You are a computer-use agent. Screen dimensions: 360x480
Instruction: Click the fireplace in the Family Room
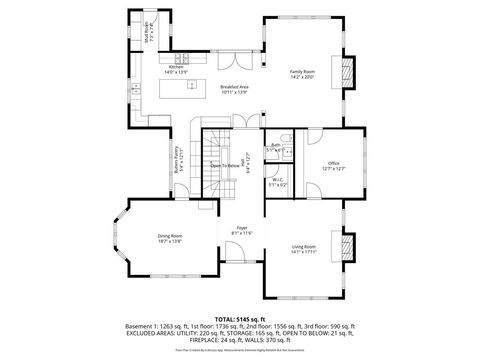[x=348, y=74]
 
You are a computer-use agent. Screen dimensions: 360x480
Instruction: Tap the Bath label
[x=275, y=147]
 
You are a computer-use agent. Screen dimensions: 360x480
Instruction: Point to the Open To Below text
[x=226, y=166]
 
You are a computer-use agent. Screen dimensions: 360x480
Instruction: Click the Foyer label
[x=242, y=230]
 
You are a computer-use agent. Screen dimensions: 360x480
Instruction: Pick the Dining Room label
[x=170, y=238]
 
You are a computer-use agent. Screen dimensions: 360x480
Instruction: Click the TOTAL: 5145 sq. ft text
[x=239, y=317]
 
